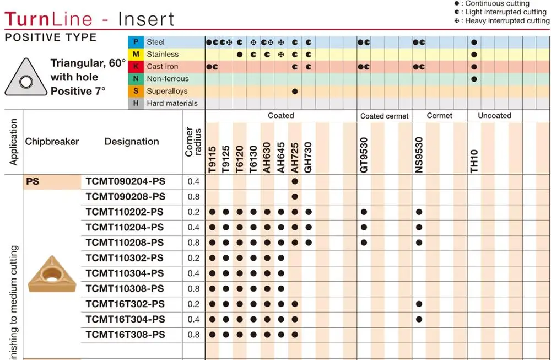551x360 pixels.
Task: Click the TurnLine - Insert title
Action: point(89,19)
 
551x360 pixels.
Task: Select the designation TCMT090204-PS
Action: point(125,181)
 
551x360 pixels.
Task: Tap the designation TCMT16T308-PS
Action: point(125,335)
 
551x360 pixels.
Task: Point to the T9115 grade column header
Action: point(212,159)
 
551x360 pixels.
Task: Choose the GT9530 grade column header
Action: point(364,155)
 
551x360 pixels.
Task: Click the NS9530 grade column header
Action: point(419,155)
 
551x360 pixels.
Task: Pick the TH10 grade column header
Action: point(474,162)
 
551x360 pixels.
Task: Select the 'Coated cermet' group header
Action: point(385,116)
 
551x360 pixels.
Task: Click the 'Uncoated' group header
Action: point(494,116)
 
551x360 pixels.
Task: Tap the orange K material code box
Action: point(135,67)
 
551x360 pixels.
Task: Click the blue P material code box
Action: point(135,42)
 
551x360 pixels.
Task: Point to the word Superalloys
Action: point(167,91)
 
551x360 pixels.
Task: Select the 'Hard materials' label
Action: point(172,103)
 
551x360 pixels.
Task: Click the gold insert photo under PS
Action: point(51,273)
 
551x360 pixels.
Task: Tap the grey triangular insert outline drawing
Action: point(25,77)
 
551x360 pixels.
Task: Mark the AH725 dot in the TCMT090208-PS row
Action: point(295,197)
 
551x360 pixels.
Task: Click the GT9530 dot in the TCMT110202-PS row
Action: point(364,212)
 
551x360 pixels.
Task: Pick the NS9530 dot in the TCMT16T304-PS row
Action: point(419,319)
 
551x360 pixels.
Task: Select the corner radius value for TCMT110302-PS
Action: point(193,258)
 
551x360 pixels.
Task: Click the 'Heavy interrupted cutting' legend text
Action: point(507,21)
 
